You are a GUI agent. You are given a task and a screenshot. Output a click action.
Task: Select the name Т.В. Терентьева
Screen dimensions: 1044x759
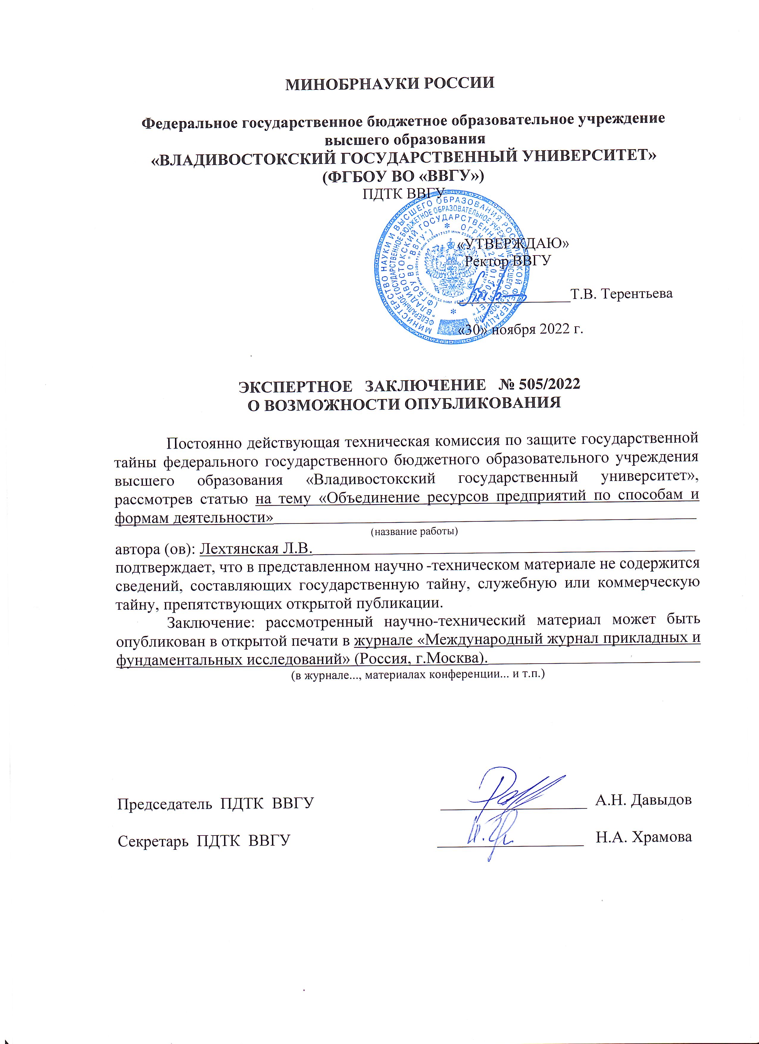click(621, 294)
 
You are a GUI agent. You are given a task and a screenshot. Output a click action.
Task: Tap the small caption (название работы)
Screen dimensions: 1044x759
click(414, 532)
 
